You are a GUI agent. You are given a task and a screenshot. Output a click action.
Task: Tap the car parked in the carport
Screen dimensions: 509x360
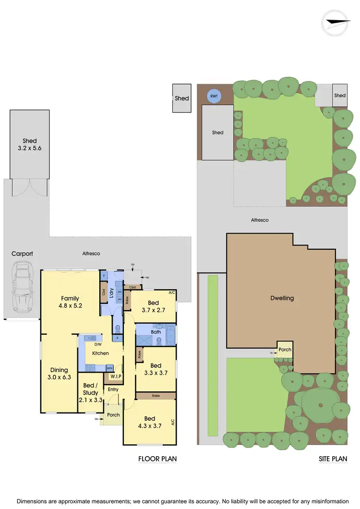click(22, 286)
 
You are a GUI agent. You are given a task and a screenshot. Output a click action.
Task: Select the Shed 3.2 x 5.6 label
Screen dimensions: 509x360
click(29, 145)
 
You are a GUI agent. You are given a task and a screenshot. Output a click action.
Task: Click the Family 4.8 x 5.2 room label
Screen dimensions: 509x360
click(70, 302)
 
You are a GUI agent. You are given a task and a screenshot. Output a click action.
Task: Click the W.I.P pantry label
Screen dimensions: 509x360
click(115, 376)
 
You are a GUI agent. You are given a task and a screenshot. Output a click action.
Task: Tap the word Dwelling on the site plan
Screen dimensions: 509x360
click(282, 298)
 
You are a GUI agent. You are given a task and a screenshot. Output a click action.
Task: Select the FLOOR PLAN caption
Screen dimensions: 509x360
click(157, 459)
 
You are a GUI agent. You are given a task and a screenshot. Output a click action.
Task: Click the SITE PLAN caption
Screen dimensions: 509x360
click(333, 459)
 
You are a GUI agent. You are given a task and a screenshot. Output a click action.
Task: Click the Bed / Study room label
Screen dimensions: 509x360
click(90, 389)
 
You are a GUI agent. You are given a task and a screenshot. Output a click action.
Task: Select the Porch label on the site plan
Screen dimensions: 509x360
click(285, 350)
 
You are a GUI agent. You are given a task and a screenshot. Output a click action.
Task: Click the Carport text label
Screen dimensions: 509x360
click(22, 254)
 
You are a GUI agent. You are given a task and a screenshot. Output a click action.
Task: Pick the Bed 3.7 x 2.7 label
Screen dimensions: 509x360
click(153, 306)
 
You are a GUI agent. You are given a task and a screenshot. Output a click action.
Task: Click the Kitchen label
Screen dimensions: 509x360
click(101, 353)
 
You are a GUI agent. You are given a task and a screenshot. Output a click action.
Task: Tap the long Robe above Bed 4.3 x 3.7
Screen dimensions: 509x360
click(155, 396)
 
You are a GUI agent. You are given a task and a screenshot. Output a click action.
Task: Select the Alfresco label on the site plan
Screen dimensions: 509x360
click(260, 220)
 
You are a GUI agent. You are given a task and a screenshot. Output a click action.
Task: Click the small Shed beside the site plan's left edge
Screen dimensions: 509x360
click(182, 98)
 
